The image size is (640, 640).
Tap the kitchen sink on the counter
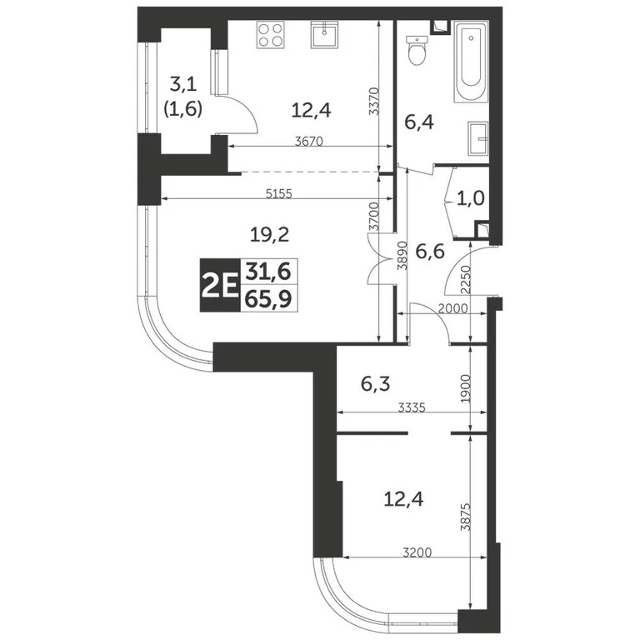pyautogui.click(x=323, y=36)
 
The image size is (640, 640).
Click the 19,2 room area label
pyautogui.click(x=269, y=235)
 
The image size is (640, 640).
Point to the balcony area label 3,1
pyautogui.click(x=184, y=83)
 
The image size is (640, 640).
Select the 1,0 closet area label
pyautogui.click(x=467, y=199)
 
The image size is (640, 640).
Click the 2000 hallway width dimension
pyautogui.click(x=452, y=308)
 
